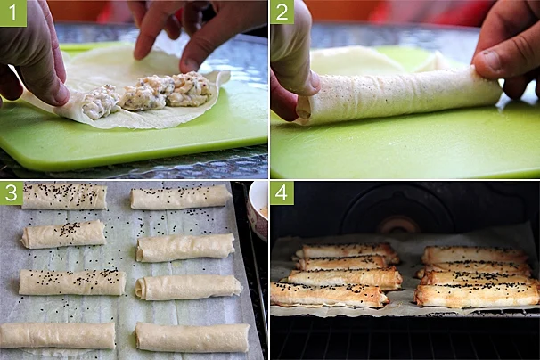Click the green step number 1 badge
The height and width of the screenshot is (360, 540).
[13, 13]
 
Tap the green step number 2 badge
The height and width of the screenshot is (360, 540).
[282, 12]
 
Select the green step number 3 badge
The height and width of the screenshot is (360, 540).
[12, 193]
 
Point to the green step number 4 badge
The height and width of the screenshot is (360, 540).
[282, 193]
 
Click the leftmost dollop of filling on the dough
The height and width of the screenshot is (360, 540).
[101, 102]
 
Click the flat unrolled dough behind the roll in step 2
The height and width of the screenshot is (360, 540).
[355, 61]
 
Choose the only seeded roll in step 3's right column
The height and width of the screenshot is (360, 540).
[181, 197]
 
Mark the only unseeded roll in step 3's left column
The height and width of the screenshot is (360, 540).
[58, 335]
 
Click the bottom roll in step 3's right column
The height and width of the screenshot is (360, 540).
[192, 337]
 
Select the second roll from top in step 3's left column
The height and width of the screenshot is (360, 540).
[63, 234]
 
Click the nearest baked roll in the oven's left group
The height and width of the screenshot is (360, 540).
[329, 295]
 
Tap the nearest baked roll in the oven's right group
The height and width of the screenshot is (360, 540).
[477, 295]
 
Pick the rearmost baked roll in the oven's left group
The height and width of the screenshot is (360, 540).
[346, 250]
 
